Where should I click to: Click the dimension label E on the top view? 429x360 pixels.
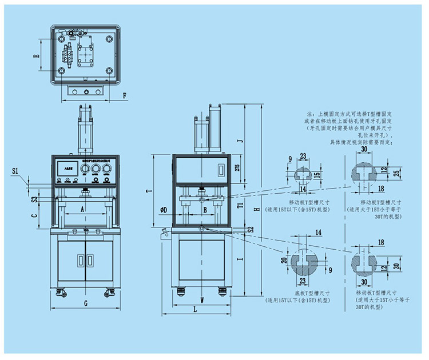36,56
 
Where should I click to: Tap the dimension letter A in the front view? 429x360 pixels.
82,209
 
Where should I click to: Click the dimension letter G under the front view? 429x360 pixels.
85,302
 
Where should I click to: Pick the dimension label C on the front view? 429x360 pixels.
35,216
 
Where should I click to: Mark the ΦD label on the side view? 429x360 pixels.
164,210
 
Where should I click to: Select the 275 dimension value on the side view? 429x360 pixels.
237,168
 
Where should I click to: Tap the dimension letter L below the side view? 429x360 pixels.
195,309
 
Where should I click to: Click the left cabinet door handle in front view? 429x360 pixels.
82,259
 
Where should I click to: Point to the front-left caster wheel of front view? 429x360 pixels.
61,294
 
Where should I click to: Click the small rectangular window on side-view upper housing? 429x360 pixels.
221,170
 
